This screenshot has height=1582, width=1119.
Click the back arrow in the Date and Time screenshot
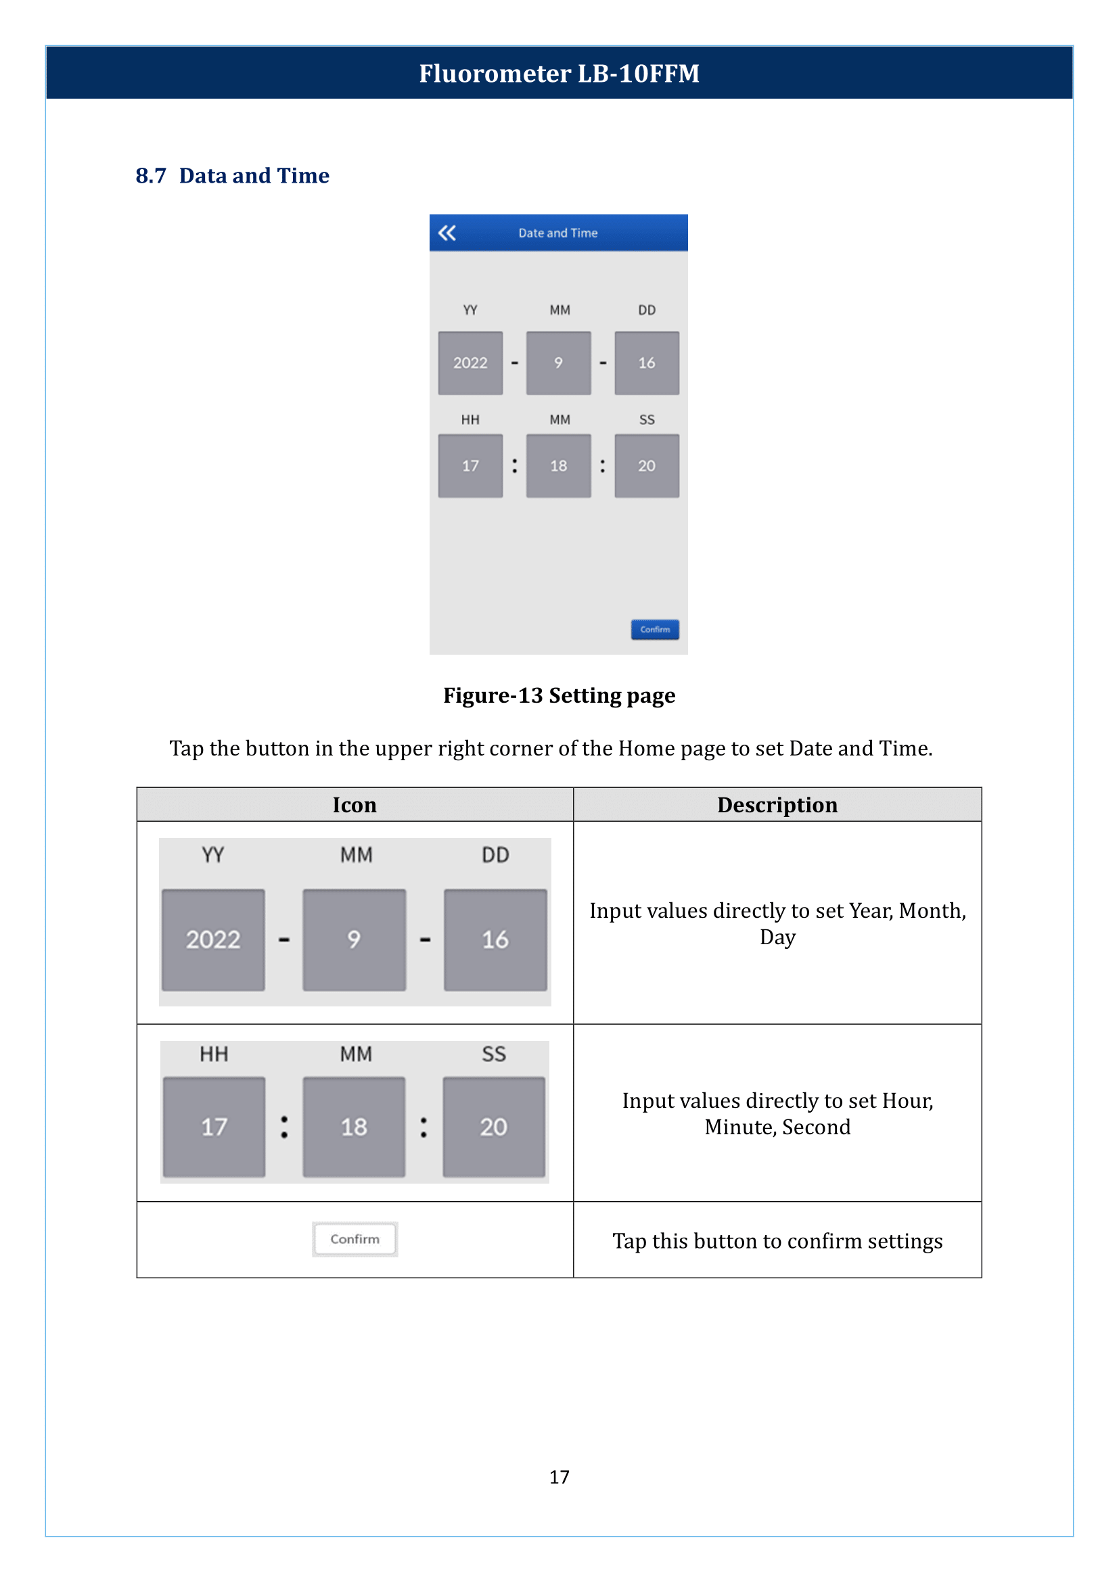click(447, 233)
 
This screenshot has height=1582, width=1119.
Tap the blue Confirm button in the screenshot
click(655, 629)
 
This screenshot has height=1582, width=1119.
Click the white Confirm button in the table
click(355, 1239)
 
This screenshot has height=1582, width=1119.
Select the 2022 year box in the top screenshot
click(470, 363)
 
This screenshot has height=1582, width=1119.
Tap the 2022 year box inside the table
click(213, 940)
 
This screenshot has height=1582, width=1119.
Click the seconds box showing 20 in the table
click(494, 1127)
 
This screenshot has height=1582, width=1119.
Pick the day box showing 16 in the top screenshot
click(646, 363)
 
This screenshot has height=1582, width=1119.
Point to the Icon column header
click(355, 805)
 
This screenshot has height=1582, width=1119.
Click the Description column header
click(777, 805)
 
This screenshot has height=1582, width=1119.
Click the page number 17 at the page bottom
click(559, 1476)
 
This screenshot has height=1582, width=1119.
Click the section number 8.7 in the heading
click(151, 176)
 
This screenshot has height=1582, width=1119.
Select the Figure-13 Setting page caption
click(559, 696)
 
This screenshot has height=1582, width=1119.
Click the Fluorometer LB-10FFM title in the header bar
click(559, 73)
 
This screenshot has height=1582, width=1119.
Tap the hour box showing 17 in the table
click(214, 1127)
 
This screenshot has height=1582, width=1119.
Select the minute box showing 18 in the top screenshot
click(558, 466)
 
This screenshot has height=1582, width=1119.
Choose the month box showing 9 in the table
click(354, 940)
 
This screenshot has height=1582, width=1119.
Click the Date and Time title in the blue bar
click(558, 233)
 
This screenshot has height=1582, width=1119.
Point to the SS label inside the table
click(494, 1054)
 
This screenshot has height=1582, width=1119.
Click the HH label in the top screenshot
click(470, 419)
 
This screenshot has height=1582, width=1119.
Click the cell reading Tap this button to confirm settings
click(777, 1241)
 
